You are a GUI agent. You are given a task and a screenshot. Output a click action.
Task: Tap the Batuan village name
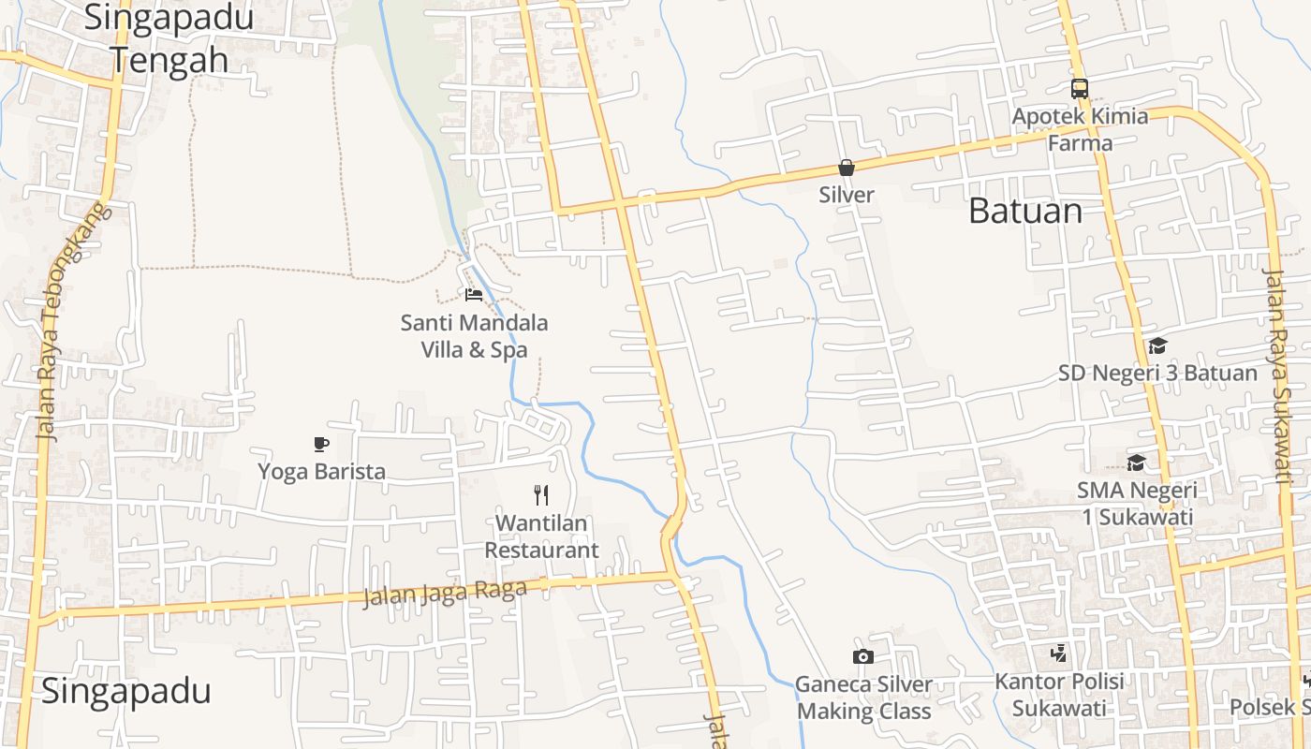(1025, 211)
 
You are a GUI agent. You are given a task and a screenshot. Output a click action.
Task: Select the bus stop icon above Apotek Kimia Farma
(1080, 89)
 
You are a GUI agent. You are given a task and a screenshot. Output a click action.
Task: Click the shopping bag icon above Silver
(847, 168)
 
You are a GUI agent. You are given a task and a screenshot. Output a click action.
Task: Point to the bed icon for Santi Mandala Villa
(474, 295)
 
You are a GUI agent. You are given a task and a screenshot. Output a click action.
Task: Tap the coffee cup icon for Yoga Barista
(321, 444)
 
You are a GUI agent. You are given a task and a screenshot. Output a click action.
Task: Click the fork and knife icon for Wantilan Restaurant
(541, 494)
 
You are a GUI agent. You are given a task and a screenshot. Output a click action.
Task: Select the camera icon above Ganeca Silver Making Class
(863, 656)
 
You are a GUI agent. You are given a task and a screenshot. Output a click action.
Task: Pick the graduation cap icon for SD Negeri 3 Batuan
(1157, 345)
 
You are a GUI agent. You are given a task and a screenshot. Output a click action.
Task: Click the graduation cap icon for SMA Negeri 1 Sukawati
(1137, 463)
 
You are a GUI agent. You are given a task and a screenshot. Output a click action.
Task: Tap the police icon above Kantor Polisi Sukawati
(1059, 653)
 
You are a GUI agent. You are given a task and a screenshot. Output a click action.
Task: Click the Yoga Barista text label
(321, 471)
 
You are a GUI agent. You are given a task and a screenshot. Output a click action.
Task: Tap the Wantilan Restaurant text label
(541, 536)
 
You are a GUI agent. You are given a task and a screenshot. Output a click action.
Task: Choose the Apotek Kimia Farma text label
(1080, 129)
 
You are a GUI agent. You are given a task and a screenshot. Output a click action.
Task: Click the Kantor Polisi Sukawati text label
(1059, 694)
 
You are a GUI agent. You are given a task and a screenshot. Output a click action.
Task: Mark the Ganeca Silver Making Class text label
(863, 698)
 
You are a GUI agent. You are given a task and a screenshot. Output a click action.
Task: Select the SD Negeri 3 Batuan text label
(1157, 373)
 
